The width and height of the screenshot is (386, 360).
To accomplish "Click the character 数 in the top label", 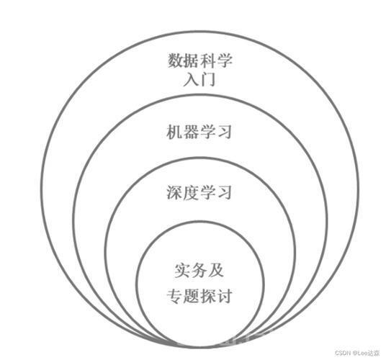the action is [176, 60].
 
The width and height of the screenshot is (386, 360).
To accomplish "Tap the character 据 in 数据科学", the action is [192, 60].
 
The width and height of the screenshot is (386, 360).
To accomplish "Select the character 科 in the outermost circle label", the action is [208, 60].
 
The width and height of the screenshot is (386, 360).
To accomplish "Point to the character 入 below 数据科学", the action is [192, 79].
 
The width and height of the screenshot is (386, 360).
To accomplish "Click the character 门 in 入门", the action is [208, 79].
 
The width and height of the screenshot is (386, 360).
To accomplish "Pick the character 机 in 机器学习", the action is [175, 132].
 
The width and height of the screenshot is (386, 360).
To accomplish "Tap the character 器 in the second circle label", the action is [192, 132].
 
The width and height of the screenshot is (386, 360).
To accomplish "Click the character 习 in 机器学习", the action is [224, 132].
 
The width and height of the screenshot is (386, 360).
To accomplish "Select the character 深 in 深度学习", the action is [175, 193].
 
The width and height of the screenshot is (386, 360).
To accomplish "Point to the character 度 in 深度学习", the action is [192, 193].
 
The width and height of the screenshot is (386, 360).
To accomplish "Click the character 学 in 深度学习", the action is [207, 193].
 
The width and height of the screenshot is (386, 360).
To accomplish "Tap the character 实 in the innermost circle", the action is [183, 271].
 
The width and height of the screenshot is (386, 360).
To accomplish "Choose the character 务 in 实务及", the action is [199, 271].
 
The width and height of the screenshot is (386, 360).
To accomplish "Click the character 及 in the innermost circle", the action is [215, 271].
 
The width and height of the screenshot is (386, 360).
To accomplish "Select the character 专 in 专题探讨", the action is [175, 295].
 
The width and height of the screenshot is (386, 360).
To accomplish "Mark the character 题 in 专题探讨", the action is [192, 295].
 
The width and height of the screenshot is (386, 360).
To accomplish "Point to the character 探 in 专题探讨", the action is [208, 295].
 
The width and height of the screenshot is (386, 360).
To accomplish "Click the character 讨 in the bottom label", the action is [225, 295].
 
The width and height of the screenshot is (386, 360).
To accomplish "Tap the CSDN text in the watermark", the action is [344, 353].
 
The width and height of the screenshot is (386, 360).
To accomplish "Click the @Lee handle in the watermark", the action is [360, 353].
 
